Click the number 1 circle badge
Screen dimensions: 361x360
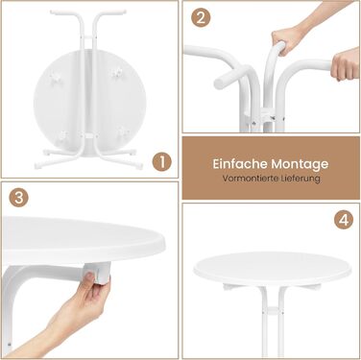pos(161,161)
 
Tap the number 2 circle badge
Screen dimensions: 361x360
pos(201,18)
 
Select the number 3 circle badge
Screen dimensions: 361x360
pos(18,197)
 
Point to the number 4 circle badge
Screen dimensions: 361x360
pos(344,220)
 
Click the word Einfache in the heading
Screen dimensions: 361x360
pos(240,164)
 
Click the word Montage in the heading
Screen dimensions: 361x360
pos(300,164)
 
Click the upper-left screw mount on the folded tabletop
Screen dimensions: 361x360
pos(56,76)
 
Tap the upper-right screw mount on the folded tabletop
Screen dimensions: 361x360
pos(117,72)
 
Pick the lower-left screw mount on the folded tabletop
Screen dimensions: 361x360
pos(64,136)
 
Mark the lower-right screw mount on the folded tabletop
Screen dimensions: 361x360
pos(122,132)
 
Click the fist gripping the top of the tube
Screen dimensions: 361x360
pos(286,42)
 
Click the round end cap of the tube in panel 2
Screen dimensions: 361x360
pos(219,84)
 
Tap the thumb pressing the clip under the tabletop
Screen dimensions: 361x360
pos(91,277)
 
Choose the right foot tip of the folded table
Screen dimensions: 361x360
pos(138,166)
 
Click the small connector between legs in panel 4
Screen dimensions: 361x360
pos(273,310)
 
